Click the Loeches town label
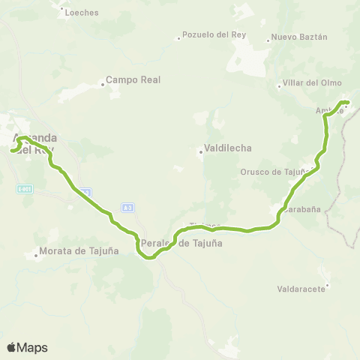click(82, 13)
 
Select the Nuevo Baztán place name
click(299, 37)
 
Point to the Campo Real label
click(133, 79)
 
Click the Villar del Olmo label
click(313, 82)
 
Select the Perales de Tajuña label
click(181, 244)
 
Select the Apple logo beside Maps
click(10, 347)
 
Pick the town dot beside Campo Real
click(101, 85)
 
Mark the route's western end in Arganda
click(12, 151)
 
